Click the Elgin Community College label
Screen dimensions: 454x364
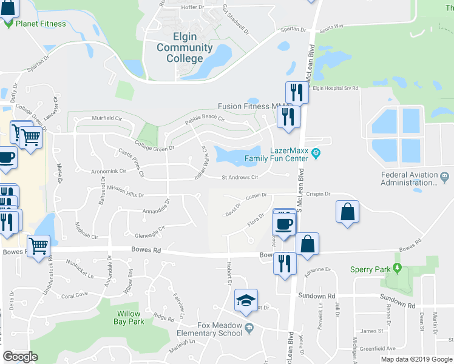185,47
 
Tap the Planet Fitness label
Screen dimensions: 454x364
41,24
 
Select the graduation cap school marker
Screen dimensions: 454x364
246,300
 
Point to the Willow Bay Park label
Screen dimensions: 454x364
129,317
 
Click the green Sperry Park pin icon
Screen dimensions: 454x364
398,268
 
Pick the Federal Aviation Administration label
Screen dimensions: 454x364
409,178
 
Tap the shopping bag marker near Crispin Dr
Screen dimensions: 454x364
347,212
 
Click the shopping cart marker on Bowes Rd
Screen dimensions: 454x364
38,246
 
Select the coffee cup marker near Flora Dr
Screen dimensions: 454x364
284,224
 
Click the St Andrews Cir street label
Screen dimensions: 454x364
240,178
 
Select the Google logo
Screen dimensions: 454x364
20,357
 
